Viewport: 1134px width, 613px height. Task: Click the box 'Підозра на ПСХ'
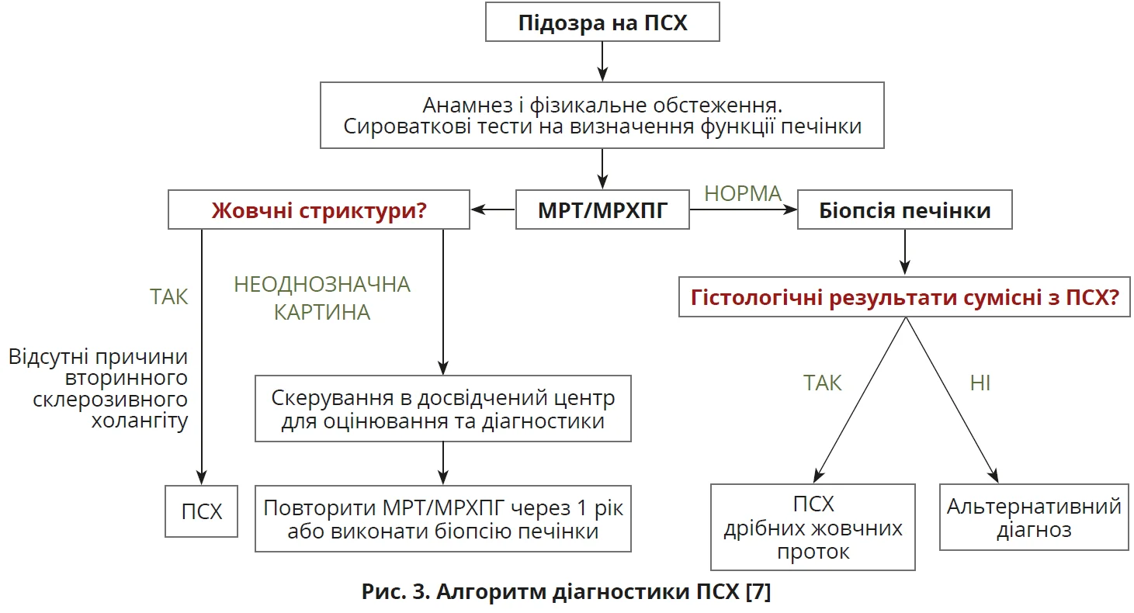(x=602, y=23)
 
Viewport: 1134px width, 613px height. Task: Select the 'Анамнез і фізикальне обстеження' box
(x=602, y=115)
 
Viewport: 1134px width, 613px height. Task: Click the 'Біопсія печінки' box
(x=904, y=210)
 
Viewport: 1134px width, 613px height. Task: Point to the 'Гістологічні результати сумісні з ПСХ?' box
(x=904, y=297)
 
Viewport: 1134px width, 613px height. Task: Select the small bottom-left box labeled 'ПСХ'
(x=202, y=511)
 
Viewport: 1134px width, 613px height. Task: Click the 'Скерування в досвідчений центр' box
(x=443, y=409)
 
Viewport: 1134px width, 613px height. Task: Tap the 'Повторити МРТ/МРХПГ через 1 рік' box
(x=443, y=519)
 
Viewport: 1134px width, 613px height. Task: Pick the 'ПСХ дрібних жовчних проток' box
(x=813, y=527)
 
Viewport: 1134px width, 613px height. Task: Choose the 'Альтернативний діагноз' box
(x=1034, y=518)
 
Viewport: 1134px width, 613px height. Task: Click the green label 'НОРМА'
(x=742, y=194)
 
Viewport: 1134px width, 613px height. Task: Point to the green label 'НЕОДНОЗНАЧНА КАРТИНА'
(x=321, y=298)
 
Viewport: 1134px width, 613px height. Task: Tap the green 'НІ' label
(x=980, y=383)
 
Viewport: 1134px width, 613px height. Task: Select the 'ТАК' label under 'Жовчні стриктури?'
(x=169, y=296)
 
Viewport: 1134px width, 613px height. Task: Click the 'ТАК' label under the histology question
(x=823, y=383)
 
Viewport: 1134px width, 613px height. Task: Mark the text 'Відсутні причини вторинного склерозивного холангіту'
(x=99, y=390)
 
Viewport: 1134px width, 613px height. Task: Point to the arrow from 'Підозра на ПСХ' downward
(x=602, y=61)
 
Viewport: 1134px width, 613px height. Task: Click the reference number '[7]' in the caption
(x=757, y=594)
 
